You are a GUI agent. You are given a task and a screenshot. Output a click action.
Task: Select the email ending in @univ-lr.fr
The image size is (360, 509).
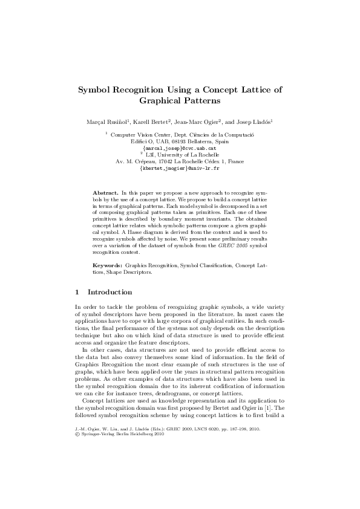(179, 168)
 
